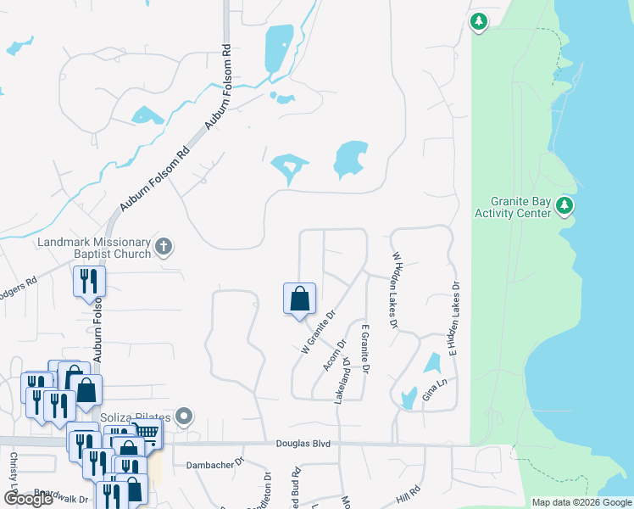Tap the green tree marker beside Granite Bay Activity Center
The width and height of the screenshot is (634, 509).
click(x=565, y=205)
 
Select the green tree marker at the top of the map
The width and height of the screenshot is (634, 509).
click(x=479, y=21)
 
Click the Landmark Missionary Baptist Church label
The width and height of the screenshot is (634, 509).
click(x=94, y=248)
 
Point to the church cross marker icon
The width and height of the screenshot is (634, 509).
click(x=164, y=248)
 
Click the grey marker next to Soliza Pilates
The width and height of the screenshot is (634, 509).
click(x=187, y=417)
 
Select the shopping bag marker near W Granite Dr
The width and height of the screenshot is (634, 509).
click(x=299, y=299)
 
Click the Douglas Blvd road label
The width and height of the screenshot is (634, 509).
click(x=303, y=444)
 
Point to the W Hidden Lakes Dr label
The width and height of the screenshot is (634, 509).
click(x=394, y=288)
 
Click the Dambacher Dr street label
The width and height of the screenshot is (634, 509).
click(x=214, y=464)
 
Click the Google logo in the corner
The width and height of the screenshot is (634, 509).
click(x=29, y=499)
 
